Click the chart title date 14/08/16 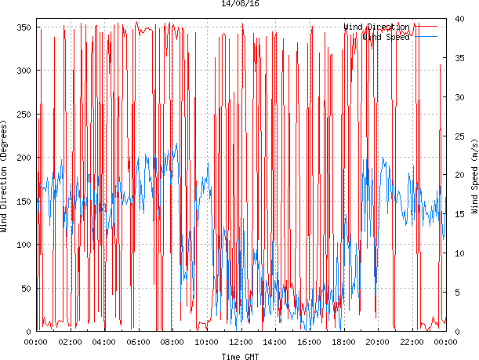pos(240,4)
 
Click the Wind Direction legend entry pos(376,27)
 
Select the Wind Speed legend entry pos(386,37)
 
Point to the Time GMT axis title pos(240,356)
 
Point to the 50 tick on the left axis pos(24,289)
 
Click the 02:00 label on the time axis pos(70,342)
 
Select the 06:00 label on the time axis pos(138,342)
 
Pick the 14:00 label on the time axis pos(275,342)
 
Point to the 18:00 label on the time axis pos(343,342)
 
